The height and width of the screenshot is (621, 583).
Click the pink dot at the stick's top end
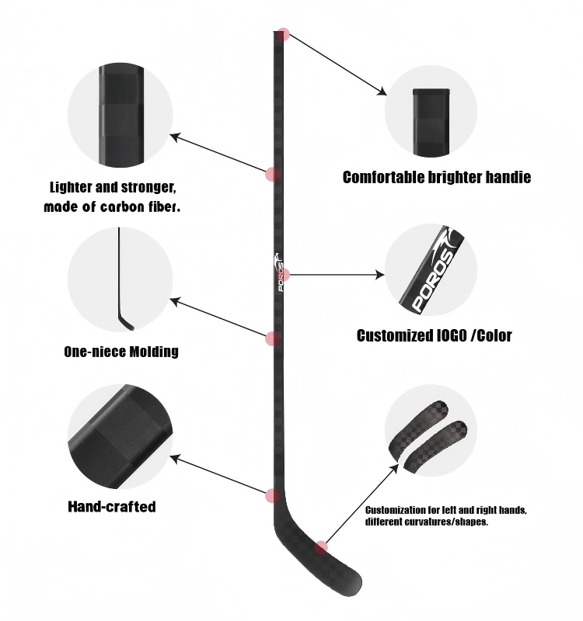point(284,34)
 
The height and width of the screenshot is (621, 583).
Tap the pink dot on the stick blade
point(321,548)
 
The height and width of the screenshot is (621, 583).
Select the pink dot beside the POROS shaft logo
point(284,274)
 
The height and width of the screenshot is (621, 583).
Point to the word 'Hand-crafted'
point(112,507)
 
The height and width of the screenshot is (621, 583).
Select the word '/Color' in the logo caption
point(490,336)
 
